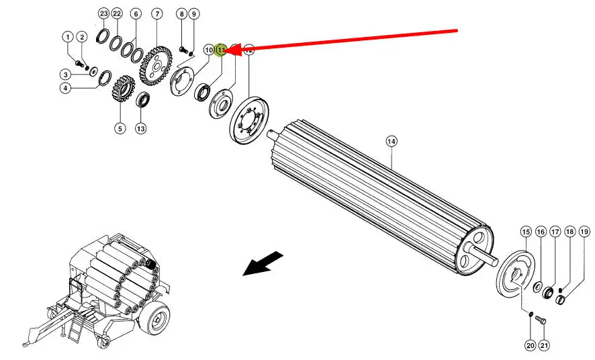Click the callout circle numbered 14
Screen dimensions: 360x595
tap(392, 141)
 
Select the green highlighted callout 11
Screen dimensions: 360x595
tap(221, 49)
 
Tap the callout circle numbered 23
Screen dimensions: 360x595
tap(103, 13)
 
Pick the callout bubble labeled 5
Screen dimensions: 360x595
tap(120, 128)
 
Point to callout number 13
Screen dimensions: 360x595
tap(140, 128)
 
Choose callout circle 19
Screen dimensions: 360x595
tap(584, 232)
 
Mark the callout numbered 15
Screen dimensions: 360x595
tap(525, 232)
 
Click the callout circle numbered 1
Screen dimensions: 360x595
tap(68, 36)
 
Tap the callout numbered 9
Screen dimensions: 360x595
tap(193, 13)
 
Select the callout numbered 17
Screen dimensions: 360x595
tap(555, 232)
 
